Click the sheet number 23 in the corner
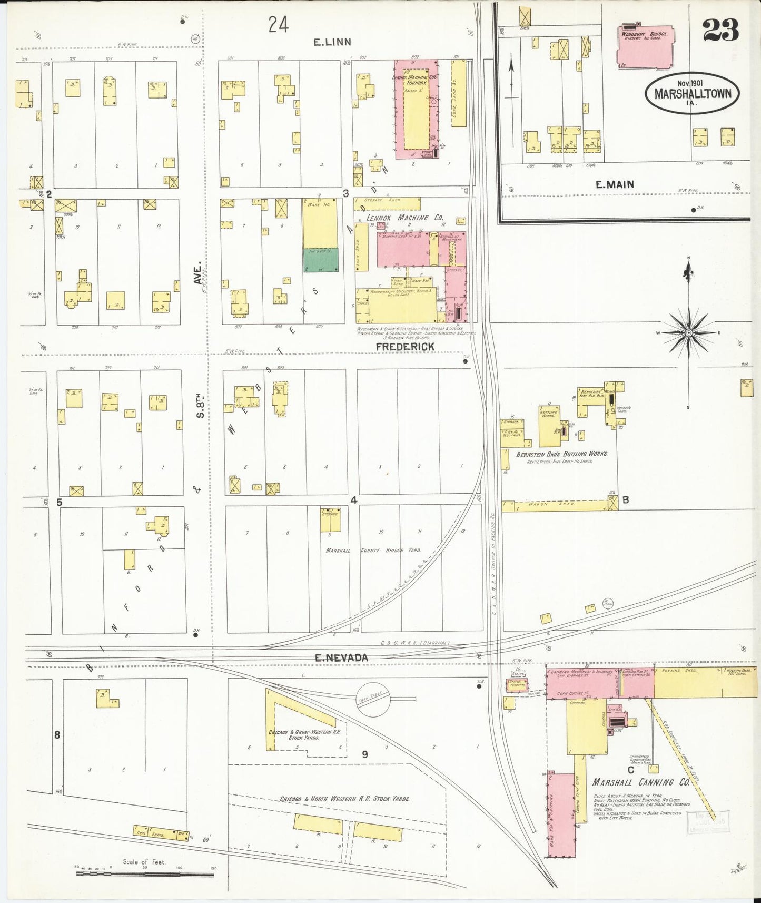click(720, 30)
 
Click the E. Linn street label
click(332, 42)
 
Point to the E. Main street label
click(615, 184)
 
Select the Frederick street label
click(405, 346)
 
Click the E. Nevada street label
click(341, 657)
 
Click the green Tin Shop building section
click(321, 260)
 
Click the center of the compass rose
click(688, 332)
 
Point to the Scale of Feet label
click(144, 862)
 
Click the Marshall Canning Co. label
click(640, 782)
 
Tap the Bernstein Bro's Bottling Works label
click(562, 454)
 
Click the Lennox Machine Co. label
click(405, 218)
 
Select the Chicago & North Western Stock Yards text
click(345, 799)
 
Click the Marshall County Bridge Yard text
click(373, 550)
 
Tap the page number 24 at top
click(278, 24)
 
